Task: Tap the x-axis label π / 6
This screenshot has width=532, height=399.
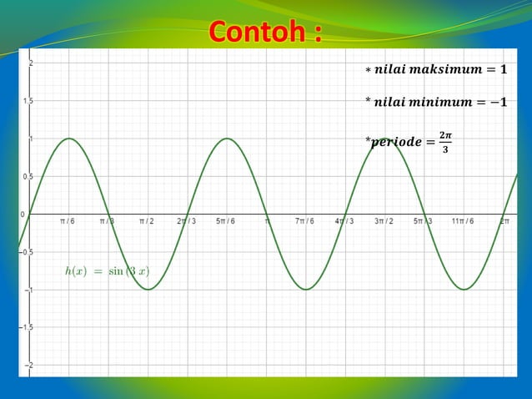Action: click(68, 221)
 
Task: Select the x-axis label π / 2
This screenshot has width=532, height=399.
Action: click(147, 221)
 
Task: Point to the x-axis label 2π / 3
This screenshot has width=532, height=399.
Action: click(187, 221)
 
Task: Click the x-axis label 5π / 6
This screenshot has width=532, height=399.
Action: click(225, 221)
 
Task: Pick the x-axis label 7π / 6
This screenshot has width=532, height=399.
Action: click(304, 221)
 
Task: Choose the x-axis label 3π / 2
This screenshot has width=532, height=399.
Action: click(384, 221)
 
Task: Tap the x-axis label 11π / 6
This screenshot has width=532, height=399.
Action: click(463, 221)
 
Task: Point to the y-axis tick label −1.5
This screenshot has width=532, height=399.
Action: click(27, 328)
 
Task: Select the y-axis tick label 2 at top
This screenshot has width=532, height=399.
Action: click(31, 63)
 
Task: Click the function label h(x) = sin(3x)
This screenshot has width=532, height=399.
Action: click(107, 270)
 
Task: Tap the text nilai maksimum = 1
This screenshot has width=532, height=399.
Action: click(435, 69)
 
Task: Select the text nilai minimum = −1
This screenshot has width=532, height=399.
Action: click(435, 103)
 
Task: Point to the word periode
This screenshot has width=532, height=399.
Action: click(396, 142)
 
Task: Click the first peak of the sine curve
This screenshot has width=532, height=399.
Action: click(68, 139)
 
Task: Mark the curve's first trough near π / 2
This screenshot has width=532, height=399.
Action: click(148, 290)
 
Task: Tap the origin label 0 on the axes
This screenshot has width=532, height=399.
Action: click(23, 215)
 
